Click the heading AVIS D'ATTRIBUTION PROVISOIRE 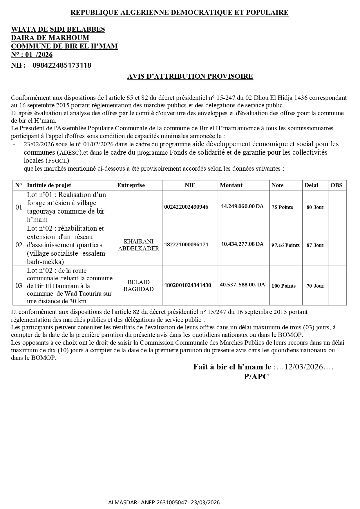click(190, 76)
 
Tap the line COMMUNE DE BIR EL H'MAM click(64, 46)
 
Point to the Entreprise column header click(131, 185)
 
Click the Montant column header click(231, 185)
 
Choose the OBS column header click(336, 185)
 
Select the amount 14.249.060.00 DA click(242, 206)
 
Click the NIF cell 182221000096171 click(186, 245)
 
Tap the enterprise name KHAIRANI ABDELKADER click(139, 245)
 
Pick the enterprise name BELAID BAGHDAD click(139, 286)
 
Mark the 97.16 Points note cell click(285, 245)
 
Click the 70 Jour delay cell click(315, 286)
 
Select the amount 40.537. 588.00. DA click(243, 285)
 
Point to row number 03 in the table click(19, 286)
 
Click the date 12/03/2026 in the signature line click(304, 367)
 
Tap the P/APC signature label click(256, 377)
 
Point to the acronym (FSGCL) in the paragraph click(57, 161)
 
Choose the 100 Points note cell click(283, 286)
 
